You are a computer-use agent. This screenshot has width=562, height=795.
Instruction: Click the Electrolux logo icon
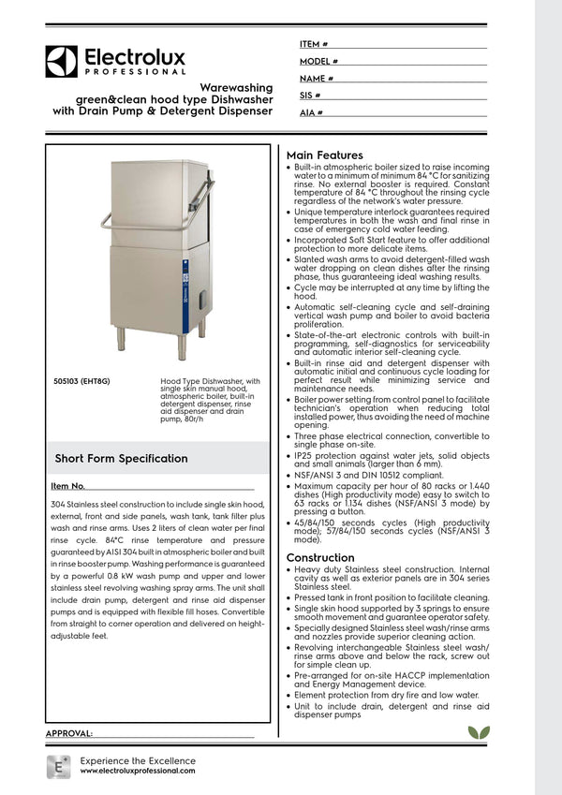62,62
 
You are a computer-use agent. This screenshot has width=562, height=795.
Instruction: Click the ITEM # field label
314,44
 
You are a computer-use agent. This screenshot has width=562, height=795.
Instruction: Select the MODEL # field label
318,61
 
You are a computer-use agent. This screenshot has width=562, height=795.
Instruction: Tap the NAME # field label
317,79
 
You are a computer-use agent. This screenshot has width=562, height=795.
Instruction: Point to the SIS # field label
310,96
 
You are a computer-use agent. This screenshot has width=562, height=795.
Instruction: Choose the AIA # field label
311,112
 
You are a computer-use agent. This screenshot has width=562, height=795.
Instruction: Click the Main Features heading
325,155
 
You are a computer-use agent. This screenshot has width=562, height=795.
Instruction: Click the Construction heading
320,557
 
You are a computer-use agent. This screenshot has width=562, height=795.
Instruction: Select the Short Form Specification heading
121,459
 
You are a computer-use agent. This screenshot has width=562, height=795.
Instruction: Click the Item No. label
68,486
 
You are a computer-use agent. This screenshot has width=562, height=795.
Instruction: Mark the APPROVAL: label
68,732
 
